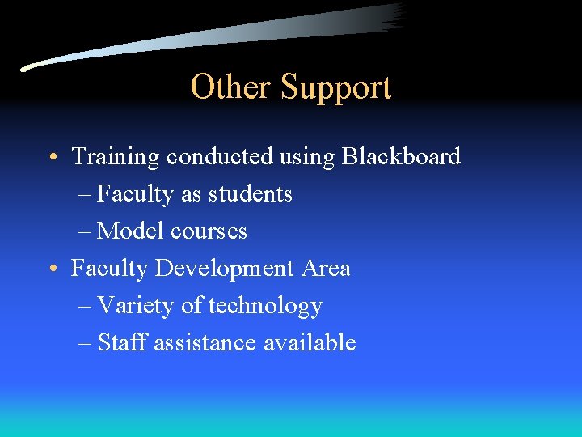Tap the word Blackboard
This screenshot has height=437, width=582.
401,156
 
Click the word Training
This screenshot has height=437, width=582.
116,157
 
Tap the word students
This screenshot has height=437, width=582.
251,194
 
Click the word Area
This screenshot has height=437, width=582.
326,268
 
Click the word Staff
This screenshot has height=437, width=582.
122,343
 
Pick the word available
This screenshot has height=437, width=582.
310,343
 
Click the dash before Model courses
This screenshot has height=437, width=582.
86,231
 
